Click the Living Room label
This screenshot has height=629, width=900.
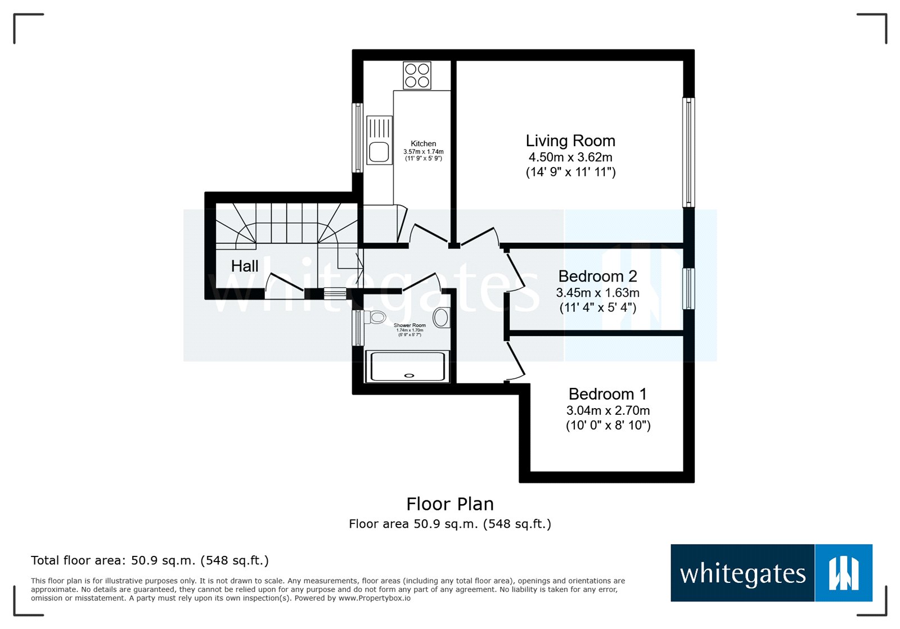click(570, 141)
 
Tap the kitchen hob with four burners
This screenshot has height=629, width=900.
click(417, 75)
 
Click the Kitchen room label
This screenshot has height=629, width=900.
click(423, 144)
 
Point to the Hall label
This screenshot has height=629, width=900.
click(245, 266)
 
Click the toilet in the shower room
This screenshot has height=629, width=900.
click(376, 318)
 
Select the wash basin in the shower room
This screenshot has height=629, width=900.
click(442, 318)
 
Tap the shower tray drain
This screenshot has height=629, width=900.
click(409, 375)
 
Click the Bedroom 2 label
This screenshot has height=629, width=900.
click(597, 277)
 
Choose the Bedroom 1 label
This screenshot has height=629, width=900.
click(607, 394)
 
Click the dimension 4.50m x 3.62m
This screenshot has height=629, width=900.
click(570, 157)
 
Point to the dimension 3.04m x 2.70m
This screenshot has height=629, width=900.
click(607, 410)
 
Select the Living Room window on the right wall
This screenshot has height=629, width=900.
click(688, 152)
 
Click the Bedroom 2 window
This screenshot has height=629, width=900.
click(688, 288)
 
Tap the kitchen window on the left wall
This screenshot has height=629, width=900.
click(357, 137)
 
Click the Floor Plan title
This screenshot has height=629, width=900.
click(450, 504)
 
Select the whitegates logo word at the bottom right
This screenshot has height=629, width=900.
click(742, 574)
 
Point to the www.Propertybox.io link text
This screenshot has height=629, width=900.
click(375, 598)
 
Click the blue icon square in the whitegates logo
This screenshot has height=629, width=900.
click(843, 573)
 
